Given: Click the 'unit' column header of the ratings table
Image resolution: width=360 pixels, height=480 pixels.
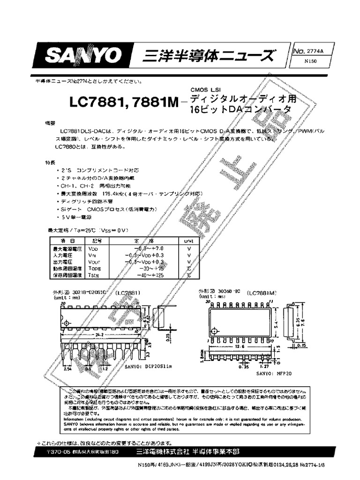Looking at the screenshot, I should click(x=188, y=240).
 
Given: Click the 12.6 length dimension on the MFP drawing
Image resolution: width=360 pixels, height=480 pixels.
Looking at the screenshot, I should click(x=240, y=346).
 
